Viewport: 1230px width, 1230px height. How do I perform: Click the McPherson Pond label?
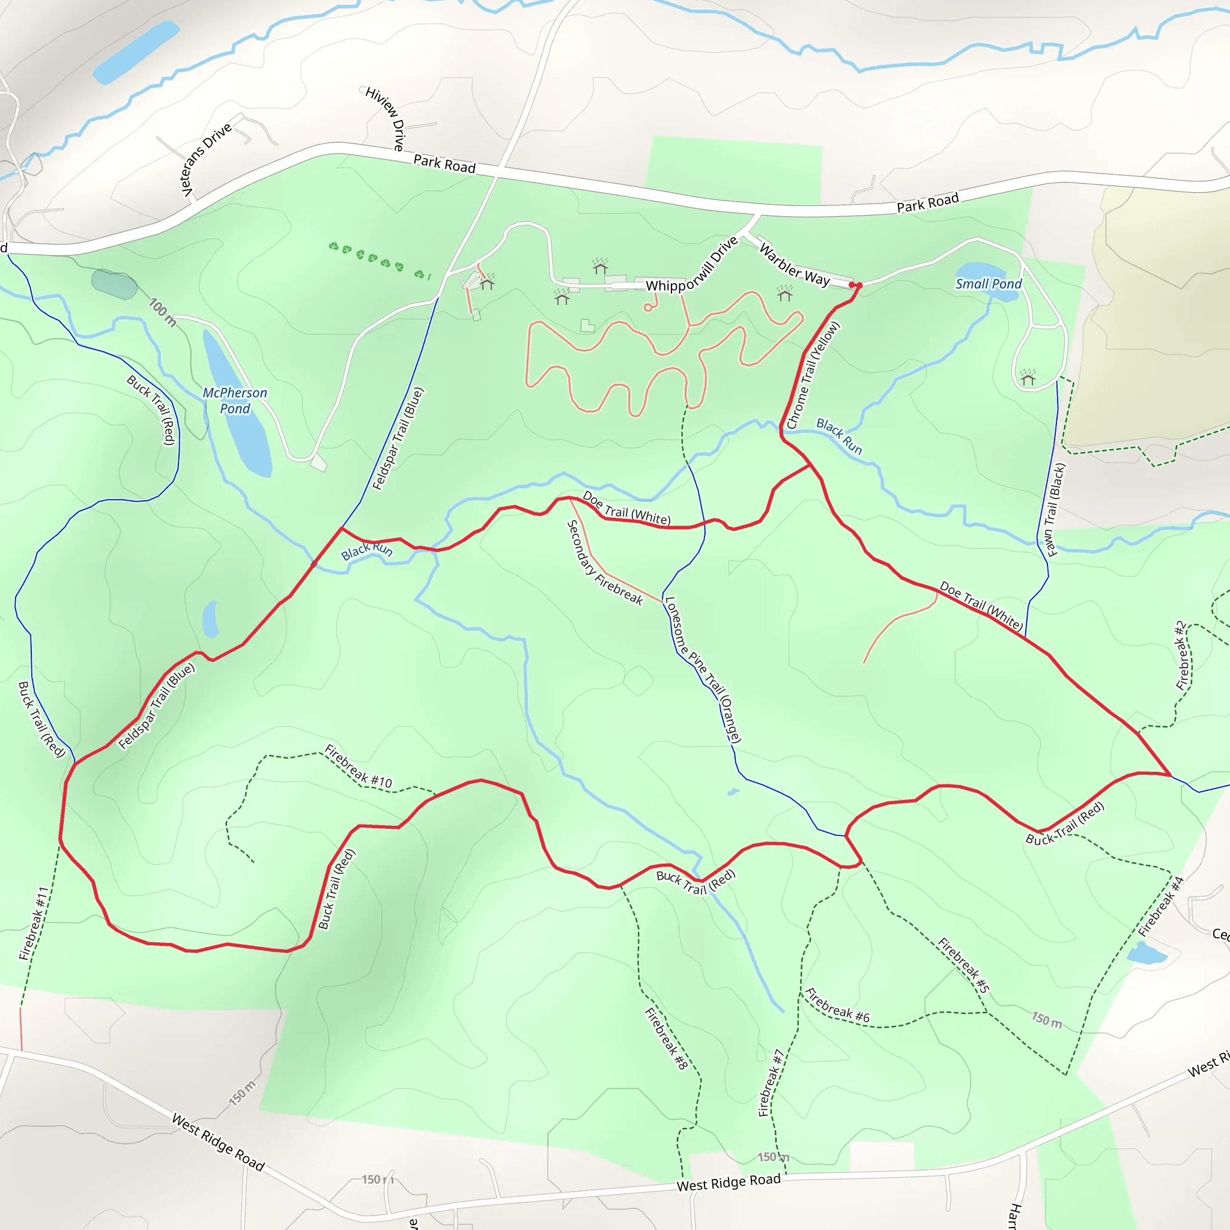[234, 401]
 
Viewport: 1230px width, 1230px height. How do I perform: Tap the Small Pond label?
[988, 284]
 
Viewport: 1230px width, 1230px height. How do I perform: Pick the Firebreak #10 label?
[358, 766]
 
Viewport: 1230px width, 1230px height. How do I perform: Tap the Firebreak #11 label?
[34, 922]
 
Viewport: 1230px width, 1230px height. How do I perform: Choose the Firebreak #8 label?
[666, 1038]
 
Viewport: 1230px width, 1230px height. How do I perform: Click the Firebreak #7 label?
[770, 1083]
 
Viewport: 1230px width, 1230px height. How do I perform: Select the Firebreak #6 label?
[837, 1005]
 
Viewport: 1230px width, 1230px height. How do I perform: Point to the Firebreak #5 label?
[963, 965]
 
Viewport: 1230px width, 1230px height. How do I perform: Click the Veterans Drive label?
[205, 160]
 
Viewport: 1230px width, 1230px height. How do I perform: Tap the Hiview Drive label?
[386, 118]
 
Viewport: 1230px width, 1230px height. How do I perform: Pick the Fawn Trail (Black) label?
[1055, 509]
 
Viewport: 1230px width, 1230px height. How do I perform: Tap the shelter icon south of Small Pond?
[1028, 378]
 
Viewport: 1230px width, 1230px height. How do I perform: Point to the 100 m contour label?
[162, 312]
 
